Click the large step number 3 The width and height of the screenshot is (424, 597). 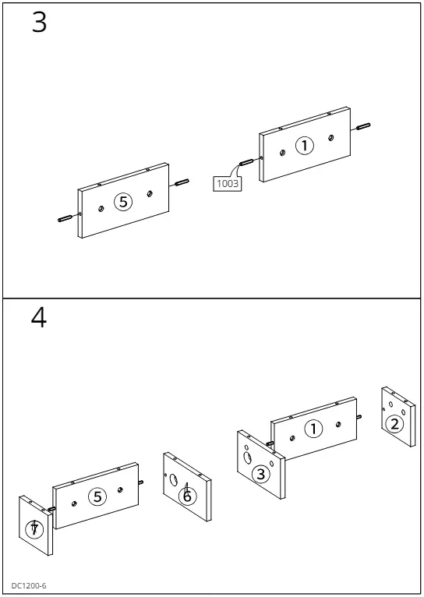tap(39, 23)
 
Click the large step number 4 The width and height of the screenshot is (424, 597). tap(39, 317)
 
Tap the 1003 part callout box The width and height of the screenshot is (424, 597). tap(228, 183)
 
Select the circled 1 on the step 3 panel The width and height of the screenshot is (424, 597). tap(305, 146)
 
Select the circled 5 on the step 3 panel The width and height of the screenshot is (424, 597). tap(123, 201)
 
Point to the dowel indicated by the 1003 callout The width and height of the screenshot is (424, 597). tap(246, 162)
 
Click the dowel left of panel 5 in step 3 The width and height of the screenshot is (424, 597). tap(65, 218)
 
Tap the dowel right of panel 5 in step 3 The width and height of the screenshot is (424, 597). tap(182, 182)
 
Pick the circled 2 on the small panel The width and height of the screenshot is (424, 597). tap(394, 424)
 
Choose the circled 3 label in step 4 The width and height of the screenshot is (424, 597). tap(261, 474)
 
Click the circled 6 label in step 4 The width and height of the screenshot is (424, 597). tap(187, 496)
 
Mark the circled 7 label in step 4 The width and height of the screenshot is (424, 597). tap(34, 529)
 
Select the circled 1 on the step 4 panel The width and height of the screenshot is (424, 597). tap(313, 429)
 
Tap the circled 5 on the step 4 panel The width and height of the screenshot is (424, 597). tap(98, 496)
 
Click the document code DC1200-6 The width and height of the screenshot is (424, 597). tap(29, 585)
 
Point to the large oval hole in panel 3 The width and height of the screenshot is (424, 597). tap(248, 457)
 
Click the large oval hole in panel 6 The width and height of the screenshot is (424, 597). tap(174, 480)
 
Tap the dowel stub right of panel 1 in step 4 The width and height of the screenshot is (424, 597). tap(359, 416)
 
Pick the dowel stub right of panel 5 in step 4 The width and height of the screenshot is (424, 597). tap(141, 482)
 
